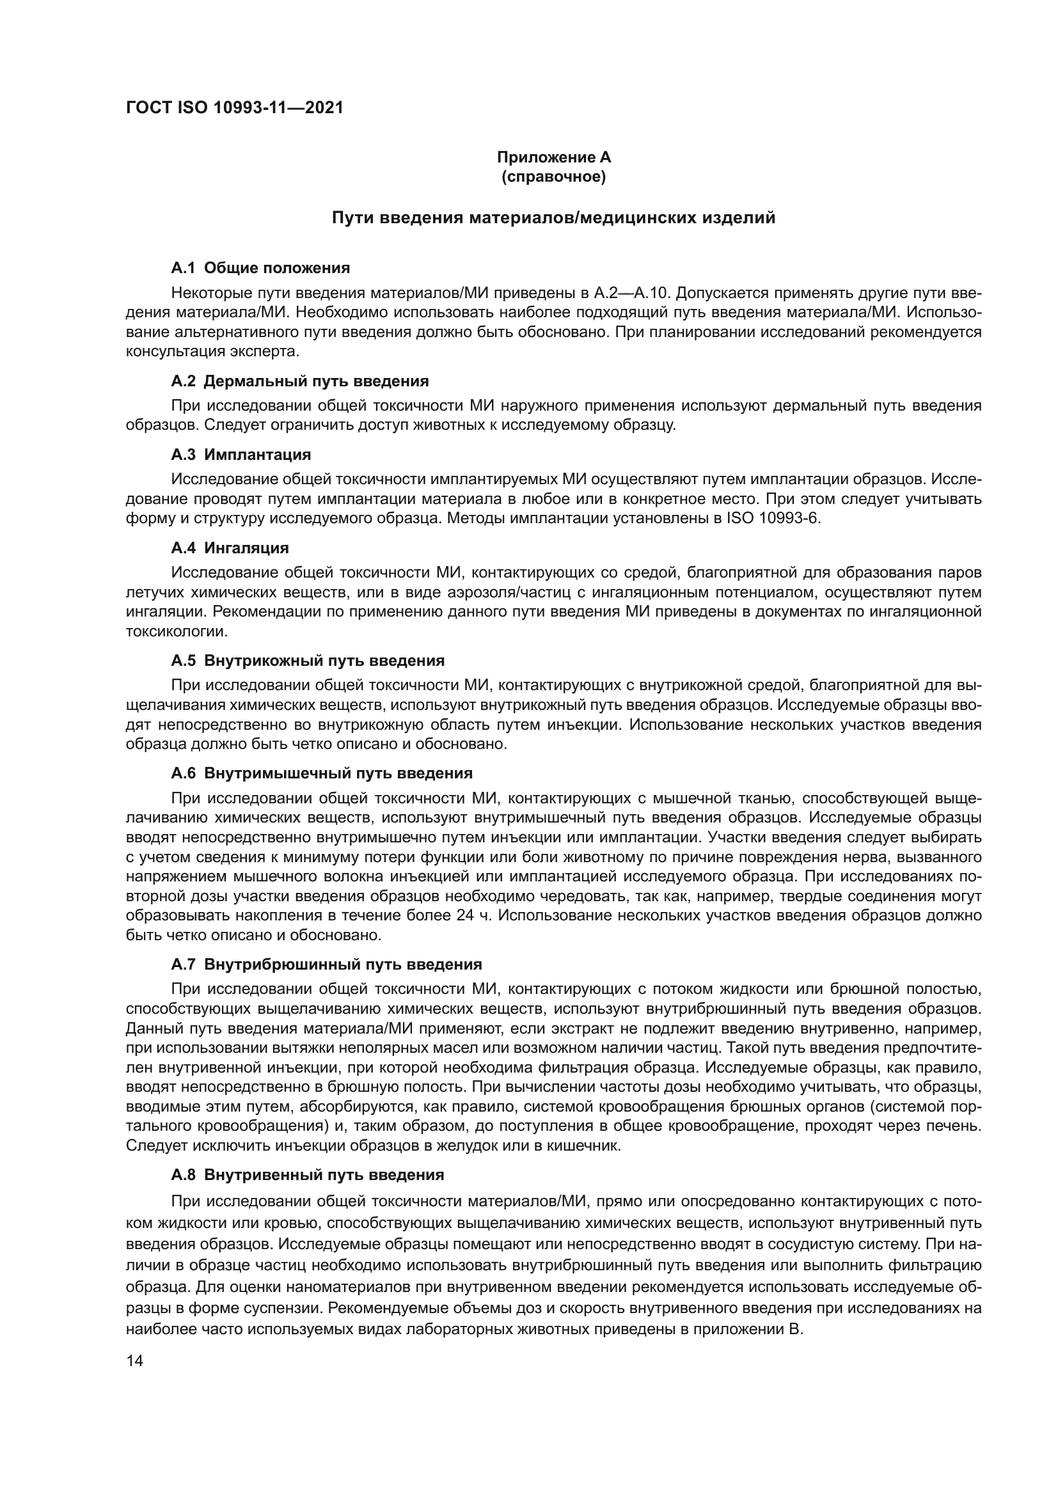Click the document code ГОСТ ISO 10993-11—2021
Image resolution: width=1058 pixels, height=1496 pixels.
pos(235,107)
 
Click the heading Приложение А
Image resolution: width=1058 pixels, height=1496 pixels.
pos(553,157)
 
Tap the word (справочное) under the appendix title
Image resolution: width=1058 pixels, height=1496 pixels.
pos(553,177)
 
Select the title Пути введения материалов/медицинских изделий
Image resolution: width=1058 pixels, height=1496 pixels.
pos(553,217)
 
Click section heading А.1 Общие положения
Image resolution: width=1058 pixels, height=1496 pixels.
pos(260,268)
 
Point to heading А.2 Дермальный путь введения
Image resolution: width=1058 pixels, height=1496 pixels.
pos(299,381)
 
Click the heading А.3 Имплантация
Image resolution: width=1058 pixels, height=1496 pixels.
pos(241,454)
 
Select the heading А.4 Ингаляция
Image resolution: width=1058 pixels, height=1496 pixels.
pos(230,548)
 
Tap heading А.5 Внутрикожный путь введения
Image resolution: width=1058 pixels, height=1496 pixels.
pos(308,661)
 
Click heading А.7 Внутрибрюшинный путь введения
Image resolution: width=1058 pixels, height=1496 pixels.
pos(326,965)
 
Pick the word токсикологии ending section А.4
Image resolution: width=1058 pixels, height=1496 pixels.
pos(176,631)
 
